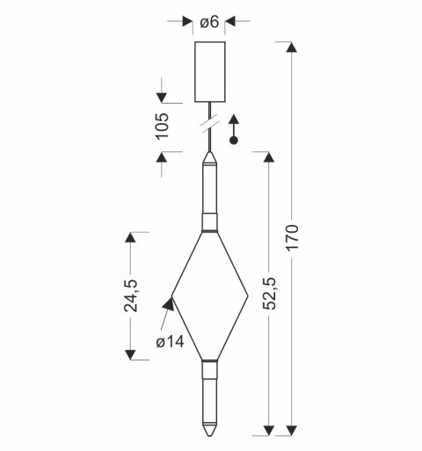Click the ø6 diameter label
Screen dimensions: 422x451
(209, 22)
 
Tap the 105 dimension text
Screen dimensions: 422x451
(162, 126)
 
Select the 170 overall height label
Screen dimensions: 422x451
(292, 237)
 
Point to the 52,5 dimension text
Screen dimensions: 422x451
(269, 294)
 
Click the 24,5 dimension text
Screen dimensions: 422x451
(130, 295)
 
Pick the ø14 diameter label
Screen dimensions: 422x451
(170, 342)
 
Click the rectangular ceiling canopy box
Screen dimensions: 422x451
(210, 72)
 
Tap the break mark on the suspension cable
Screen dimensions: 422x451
(210, 126)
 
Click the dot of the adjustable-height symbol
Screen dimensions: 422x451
(234, 141)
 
